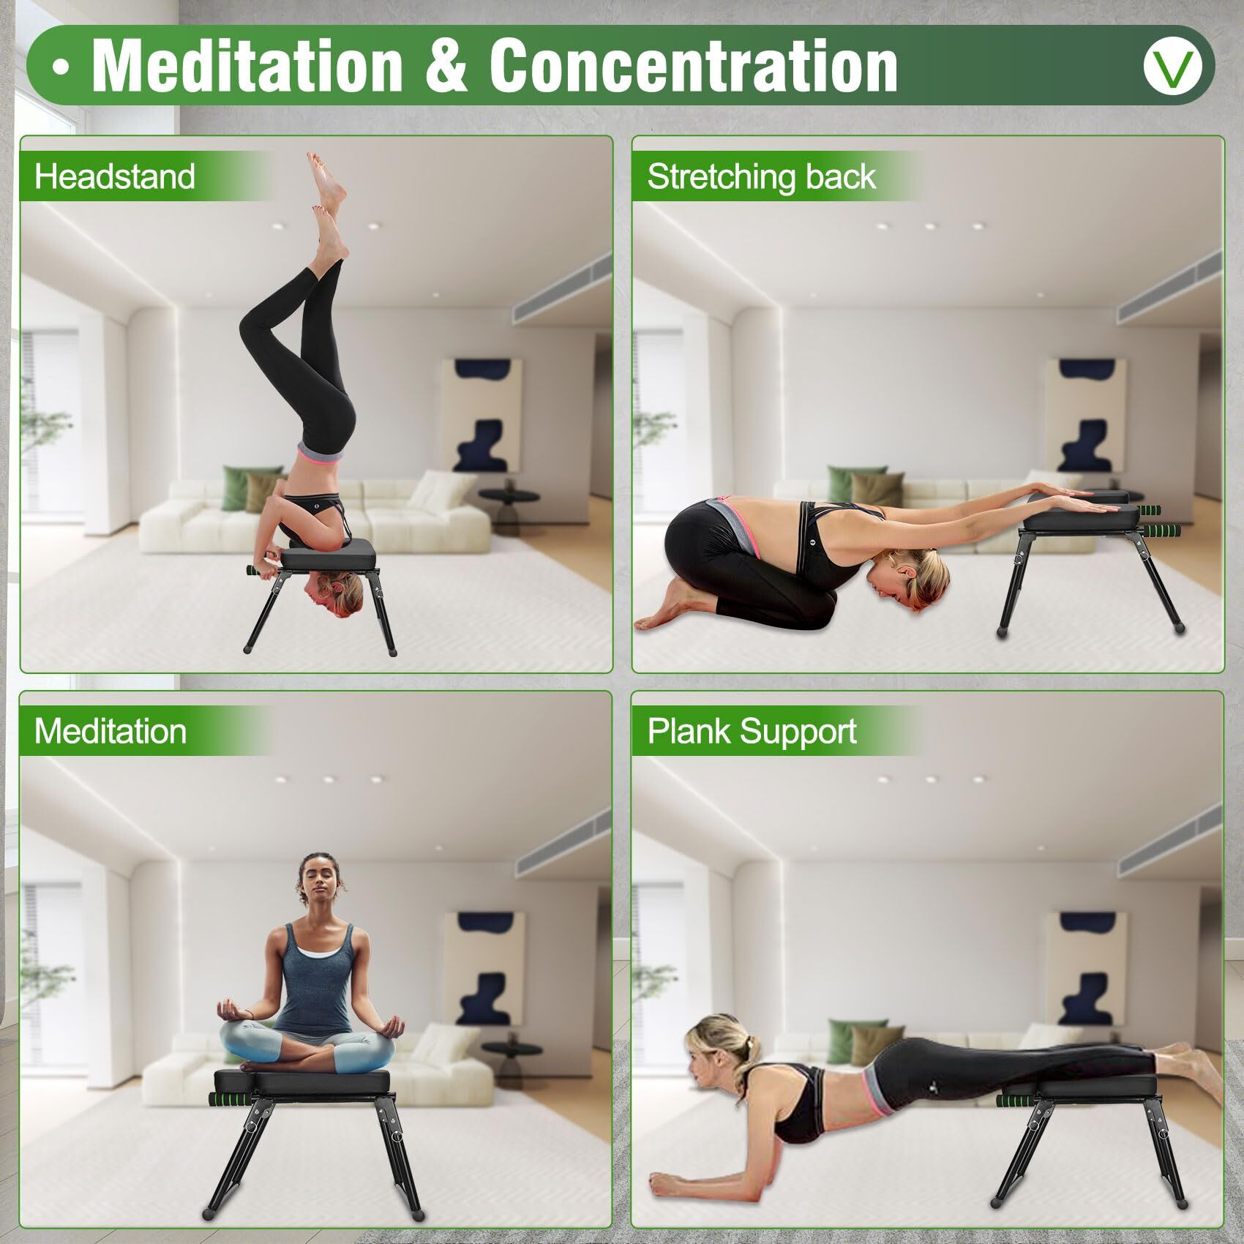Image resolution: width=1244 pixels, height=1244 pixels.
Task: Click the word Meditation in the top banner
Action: [247, 66]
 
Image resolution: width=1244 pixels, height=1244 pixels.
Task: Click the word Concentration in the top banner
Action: [693, 66]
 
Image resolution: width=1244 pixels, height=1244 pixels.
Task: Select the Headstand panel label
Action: [115, 177]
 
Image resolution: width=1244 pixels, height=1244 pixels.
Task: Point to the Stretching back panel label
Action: [761, 177]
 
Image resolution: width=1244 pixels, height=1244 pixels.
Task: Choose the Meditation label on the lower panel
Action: [110, 731]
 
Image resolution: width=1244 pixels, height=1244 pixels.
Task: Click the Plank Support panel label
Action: [752, 731]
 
